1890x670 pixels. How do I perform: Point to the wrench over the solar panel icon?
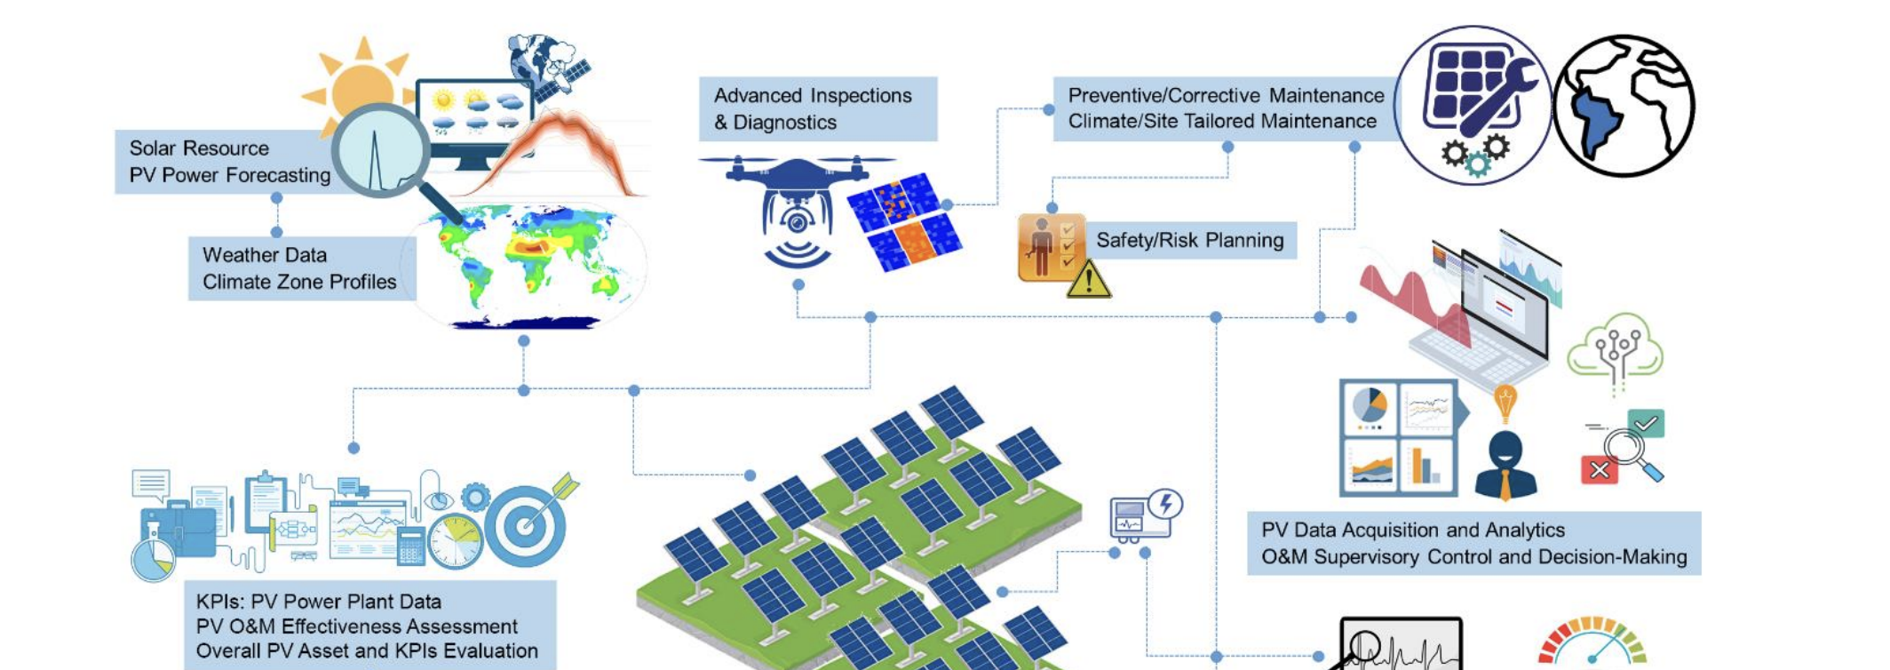(x=1501, y=98)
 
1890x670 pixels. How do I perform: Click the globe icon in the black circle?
(x=1624, y=106)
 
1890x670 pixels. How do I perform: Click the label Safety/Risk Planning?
(x=1190, y=240)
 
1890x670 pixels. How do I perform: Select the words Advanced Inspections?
(x=813, y=95)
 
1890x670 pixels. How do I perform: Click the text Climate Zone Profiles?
(x=299, y=282)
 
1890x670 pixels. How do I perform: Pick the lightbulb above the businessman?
(x=1505, y=403)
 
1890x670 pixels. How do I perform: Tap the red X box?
(x=1600, y=469)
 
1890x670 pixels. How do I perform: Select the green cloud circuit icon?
(x=1616, y=350)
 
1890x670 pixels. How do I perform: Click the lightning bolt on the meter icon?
(x=1165, y=505)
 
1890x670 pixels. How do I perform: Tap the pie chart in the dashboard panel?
(x=1369, y=407)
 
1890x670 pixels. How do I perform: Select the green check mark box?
(x=1646, y=423)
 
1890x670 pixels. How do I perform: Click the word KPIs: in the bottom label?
(x=219, y=602)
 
